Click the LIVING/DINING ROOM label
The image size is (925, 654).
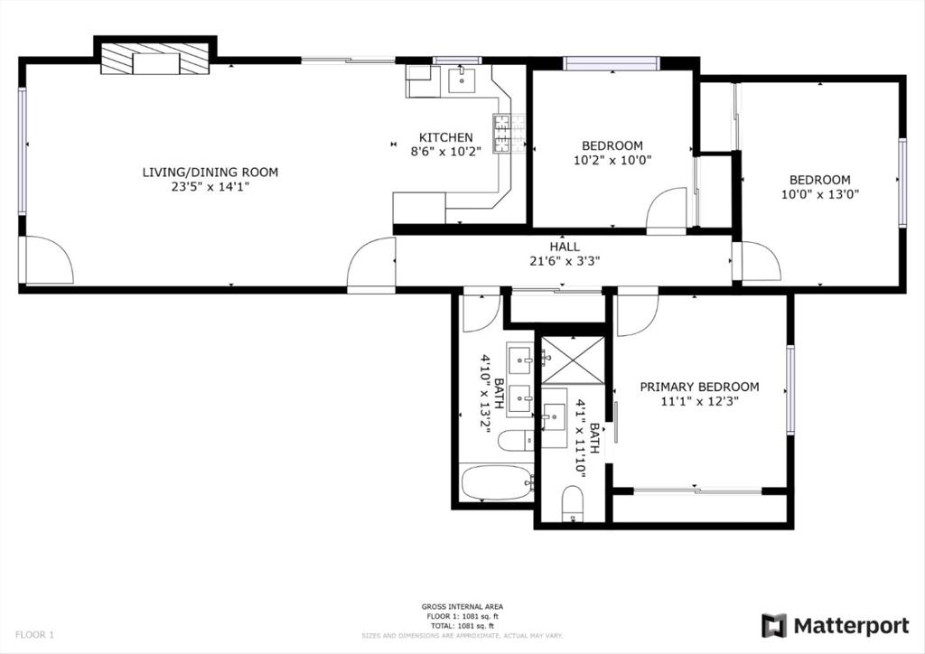coord(210,172)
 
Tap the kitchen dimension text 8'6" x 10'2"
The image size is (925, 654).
coord(445,152)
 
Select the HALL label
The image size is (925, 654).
coord(565,247)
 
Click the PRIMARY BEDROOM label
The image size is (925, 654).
coord(699,387)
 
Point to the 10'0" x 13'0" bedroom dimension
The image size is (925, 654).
coord(819,193)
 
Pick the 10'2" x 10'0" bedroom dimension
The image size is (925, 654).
coord(612,160)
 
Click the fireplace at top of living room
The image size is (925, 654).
coord(154,61)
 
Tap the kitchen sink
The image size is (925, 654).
coord(462,79)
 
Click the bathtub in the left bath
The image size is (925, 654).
coord(496,482)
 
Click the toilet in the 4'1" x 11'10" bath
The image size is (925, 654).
coord(573,502)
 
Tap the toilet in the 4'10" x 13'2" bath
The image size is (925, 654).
coord(517,441)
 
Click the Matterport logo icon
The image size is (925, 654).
coord(774,625)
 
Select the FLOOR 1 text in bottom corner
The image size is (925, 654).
coord(35,635)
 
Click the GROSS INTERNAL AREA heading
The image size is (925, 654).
coord(462,606)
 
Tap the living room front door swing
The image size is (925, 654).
coord(49,262)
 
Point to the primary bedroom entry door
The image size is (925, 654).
coord(638,312)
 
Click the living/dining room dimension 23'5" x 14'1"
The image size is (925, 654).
coord(210,187)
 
